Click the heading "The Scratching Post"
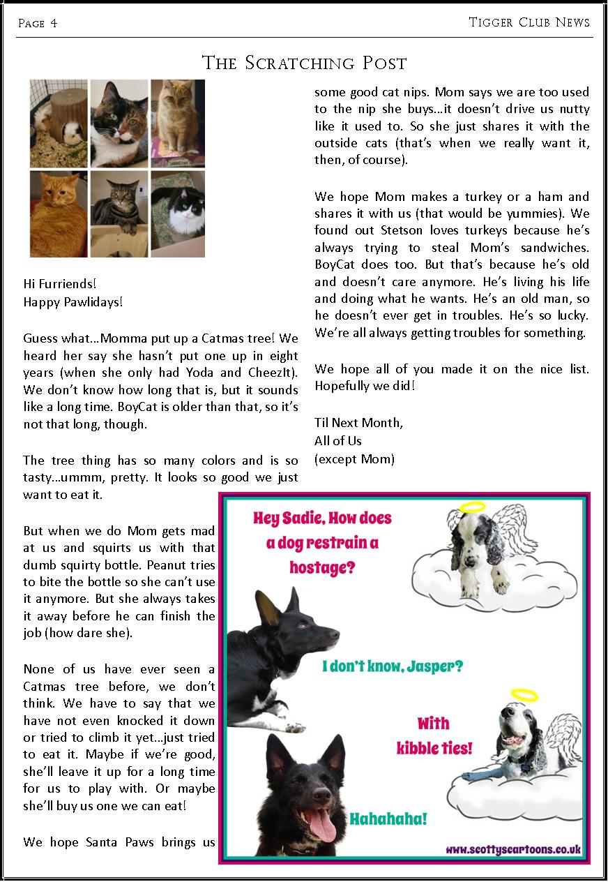tap(304, 63)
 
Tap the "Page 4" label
tap(38, 24)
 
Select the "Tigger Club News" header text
tap(529, 22)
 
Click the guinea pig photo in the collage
tap(59, 123)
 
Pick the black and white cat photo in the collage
tap(178, 214)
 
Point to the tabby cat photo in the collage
tap(119, 214)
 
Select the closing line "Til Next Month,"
tap(358, 422)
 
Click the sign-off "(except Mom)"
tap(354, 458)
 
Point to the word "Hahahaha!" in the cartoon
tap(388, 819)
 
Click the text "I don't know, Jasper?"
tap(393, 666)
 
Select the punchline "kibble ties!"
tap(434, 749)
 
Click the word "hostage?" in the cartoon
tap(322, 567)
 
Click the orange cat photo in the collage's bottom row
tap(59, 214)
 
